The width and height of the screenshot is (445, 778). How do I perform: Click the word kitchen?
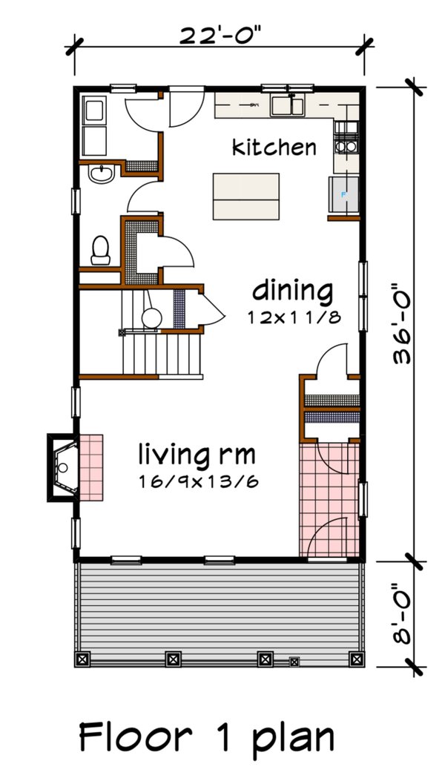tap(274, 147)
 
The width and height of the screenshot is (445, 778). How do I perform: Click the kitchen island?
tap(246, 193)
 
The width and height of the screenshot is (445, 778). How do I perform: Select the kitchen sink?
tap(289, 105)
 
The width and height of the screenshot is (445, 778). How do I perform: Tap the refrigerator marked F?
tap(343, 195)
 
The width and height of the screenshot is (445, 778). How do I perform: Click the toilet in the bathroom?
tap(100, 250)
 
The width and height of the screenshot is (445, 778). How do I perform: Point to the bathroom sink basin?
tap(99, 174)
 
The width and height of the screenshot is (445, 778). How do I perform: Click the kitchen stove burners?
tap(346, 137)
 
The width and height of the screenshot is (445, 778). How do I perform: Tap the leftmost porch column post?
tap(83, 658)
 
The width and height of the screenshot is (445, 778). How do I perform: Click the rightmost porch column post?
tap(357, 658)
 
